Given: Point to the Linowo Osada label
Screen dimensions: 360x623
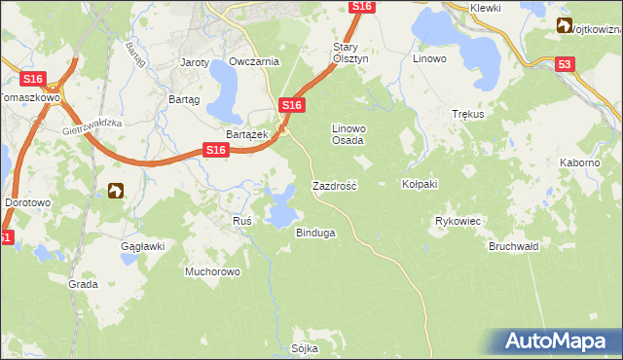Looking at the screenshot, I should point(348,134).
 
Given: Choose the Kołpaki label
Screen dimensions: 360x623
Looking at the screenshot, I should point(421,184).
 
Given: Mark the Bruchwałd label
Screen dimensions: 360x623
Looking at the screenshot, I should point(513,247).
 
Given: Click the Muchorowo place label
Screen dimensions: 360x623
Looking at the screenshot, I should point(212,271).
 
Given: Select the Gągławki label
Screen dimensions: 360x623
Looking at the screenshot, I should point(142,246).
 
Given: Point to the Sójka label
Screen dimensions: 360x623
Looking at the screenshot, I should point(305,347).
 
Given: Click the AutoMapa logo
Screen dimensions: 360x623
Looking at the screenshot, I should point(555,342).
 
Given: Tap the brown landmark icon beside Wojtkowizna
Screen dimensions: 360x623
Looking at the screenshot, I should point(565,26).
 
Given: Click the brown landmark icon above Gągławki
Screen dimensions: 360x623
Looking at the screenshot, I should point(117,191).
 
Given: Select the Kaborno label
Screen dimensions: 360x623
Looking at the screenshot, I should point(579,162).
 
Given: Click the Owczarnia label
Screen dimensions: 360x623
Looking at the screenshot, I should point(254,61).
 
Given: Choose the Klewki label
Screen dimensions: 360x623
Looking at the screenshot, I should point(484,8).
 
